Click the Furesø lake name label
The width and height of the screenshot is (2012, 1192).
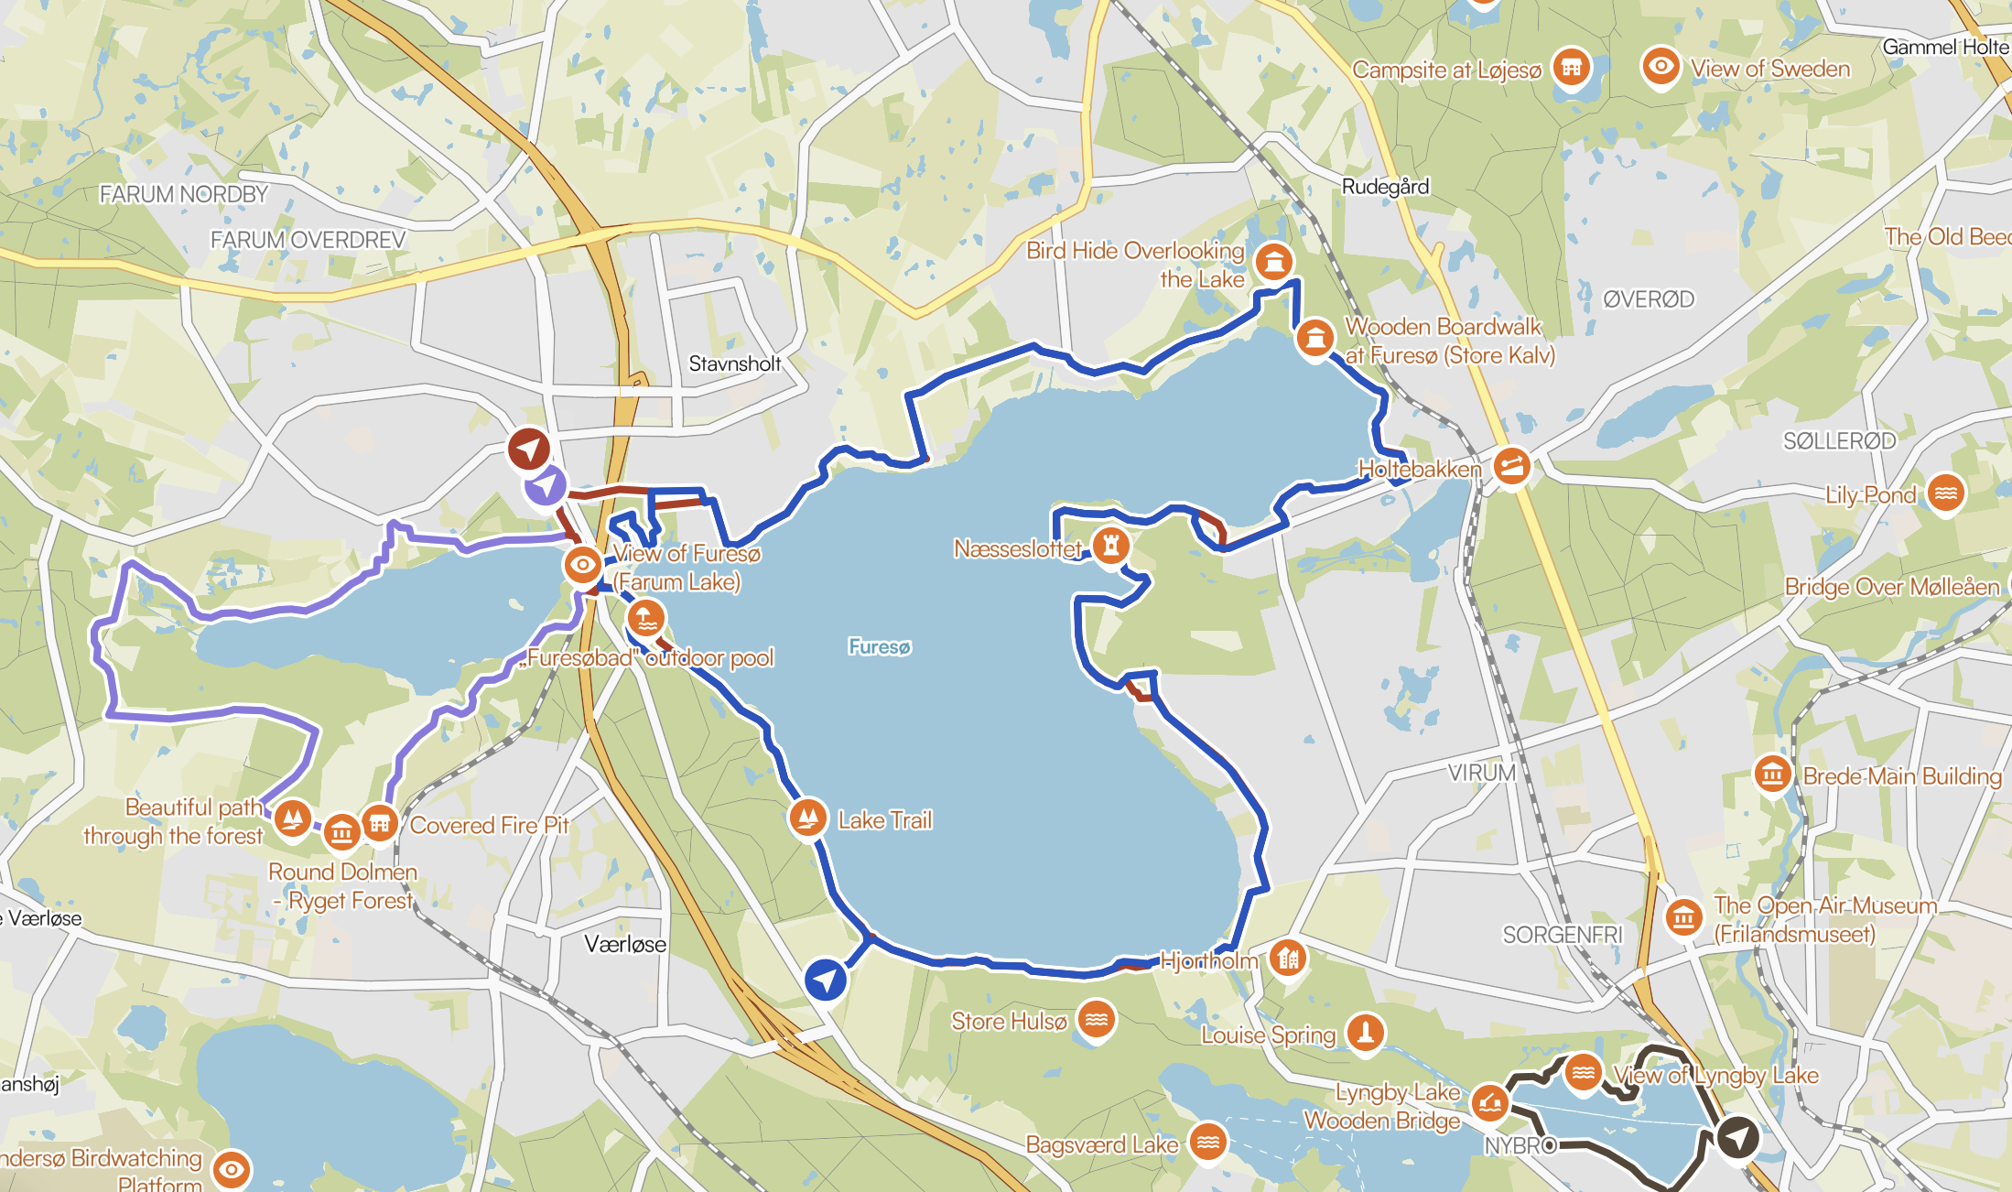pos(879,647)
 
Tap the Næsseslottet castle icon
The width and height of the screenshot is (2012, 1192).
pos(1110,546)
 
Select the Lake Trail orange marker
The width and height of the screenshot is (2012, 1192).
pos(807,817)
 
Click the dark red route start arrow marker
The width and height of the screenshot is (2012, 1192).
pos(529,449)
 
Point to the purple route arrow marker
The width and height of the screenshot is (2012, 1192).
pos(546,485)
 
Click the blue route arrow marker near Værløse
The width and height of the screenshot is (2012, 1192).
pos(826,980)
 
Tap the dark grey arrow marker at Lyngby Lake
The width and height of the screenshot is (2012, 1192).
pos(1736,1138)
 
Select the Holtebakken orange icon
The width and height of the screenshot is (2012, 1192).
pos(1511,467)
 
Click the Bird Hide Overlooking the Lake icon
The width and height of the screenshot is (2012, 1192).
pos(1273,262)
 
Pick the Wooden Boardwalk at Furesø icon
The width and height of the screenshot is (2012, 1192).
pos(1314,338)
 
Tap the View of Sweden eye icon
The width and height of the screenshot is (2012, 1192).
pos(1660,66)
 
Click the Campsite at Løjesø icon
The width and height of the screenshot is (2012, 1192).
pos(1571,67)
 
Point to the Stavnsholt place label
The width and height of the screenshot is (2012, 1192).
pos(735,363)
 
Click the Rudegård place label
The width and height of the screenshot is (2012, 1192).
pos(1385,187)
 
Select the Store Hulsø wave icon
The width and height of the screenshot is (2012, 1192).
pos(1096,1018)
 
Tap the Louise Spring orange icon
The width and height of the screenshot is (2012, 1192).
pos(1365,1032)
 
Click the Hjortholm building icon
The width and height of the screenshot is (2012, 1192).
pos(1288,959)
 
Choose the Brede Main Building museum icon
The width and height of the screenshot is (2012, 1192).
pos(1772,775)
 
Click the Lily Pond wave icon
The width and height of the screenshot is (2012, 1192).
pos(1945,493)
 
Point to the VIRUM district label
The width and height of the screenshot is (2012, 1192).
pos(1482,773)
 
